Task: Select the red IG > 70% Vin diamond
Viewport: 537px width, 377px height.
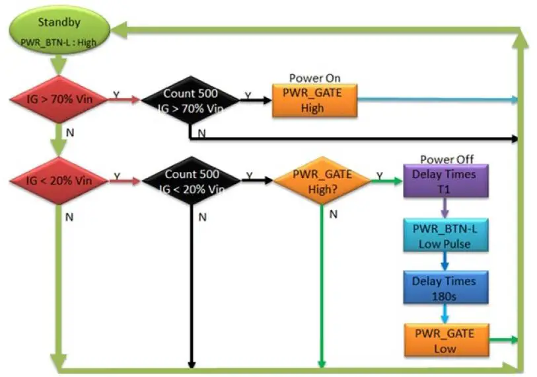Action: [58, 100]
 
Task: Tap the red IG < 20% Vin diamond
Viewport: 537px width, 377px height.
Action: [58, 180]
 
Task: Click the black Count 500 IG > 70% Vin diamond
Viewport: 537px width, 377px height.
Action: [190, 100]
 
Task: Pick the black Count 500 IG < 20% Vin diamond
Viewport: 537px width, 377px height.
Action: [190, 180]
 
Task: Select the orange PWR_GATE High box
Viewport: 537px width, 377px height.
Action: [315, 101]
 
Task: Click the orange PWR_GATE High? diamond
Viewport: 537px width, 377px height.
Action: [322, 181]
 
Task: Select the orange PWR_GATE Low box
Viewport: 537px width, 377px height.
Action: [446, 340]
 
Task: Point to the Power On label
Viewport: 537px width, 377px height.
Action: [315, 78]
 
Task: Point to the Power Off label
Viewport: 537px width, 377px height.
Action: [447, 159]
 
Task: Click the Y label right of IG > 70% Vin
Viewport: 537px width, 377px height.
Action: [116, 95]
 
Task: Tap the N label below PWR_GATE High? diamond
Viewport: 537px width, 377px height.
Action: [334, 214]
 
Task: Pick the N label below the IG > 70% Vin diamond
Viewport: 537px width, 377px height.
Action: [69, 132]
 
